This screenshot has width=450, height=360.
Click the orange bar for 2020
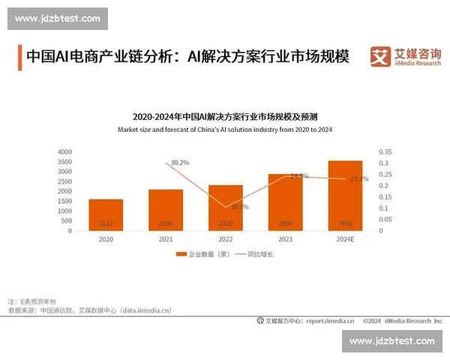point(106,214)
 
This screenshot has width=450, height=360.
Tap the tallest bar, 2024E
point(344,196)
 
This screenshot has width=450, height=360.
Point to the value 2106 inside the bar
point(166,224)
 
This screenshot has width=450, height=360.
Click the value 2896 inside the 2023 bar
point(285,224)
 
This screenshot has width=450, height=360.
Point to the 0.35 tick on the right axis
point(384,151)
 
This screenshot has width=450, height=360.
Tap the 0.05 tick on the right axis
point(384,219)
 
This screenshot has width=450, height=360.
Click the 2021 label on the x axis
point(166,239)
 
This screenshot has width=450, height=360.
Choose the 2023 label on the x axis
point(285,239)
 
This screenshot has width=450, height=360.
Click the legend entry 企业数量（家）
point(202,254)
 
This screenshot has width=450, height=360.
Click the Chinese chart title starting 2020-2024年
point(225,117)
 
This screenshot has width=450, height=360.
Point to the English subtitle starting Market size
point(225,130)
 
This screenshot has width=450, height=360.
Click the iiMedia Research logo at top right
point(404,57)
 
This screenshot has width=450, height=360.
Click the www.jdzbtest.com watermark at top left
point(57,18)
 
